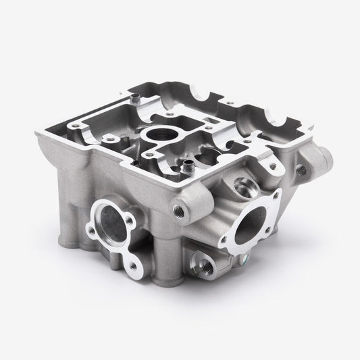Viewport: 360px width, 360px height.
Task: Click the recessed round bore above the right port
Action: point(241,184)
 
